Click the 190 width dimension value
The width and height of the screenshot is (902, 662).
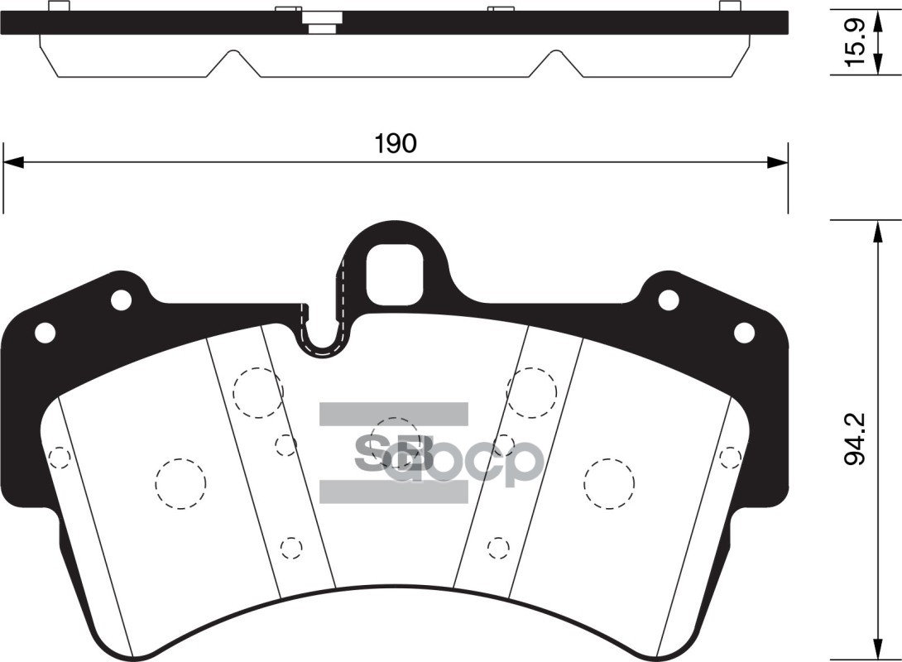tap(395, 144)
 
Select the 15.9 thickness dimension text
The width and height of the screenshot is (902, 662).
tap(856, 43)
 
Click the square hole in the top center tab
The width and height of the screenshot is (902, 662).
tap(395, 274)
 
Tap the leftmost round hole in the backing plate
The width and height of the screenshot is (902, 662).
tap(45, 333)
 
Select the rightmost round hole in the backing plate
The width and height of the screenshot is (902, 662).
tap(744, 333)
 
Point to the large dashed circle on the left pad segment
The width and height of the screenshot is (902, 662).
tap(180, 483)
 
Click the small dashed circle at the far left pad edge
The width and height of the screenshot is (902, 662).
tap(60, 458)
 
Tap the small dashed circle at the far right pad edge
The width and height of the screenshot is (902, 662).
tap(730, 458)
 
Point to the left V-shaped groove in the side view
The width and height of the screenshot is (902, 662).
tap(233, 63)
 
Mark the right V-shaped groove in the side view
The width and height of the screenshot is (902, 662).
tap(556, 63)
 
